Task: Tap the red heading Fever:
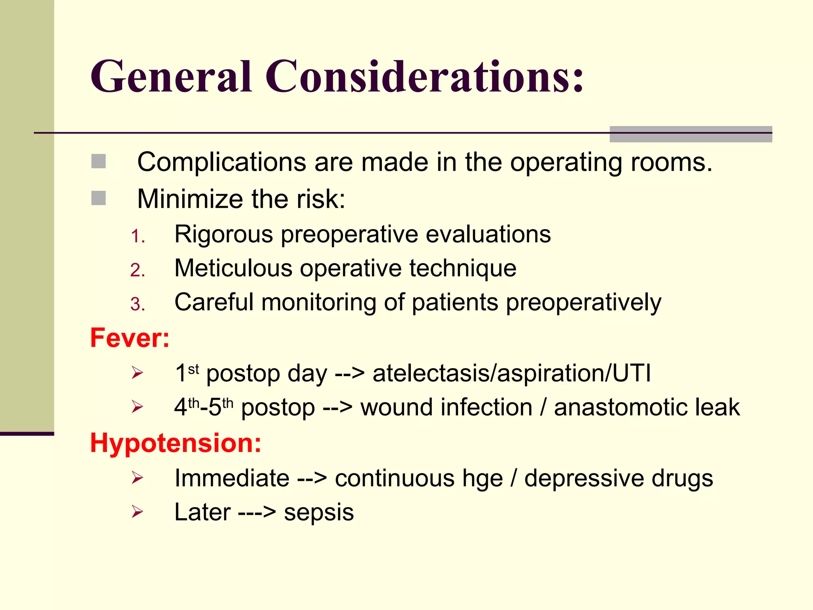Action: coord(130,338)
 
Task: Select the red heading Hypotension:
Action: coord(176,443)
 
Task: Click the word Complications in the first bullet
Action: coord(222,163)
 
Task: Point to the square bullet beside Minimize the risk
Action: coord(98,198)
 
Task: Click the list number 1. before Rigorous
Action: coord(138,236)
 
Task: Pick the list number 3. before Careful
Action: coord(138,305)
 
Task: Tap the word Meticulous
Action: coord(233,268)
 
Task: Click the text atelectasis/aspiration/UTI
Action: coord(512,374)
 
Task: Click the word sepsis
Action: coord(319,513)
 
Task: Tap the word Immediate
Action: coord(232,478)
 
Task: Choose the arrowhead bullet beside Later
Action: coord(137,512)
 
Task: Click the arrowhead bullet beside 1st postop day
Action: coord(137,373)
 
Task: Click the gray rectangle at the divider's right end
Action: coord(691,134)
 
